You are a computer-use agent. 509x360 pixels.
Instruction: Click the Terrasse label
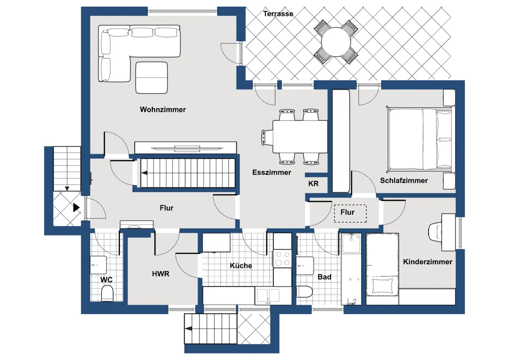[x=278, y=14]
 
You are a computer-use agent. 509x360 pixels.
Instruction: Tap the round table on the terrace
[x=336, y=42]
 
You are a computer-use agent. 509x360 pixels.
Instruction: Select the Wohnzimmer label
[x=163, y=109]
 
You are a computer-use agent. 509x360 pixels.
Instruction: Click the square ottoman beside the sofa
[x=152, y=78]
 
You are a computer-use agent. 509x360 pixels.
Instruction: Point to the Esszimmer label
[x=272, y=172]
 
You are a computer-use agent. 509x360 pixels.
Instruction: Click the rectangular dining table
[x=300, y=136]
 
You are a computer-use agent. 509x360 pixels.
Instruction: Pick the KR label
[x=313, y=184]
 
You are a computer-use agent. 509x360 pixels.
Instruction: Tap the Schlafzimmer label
[x=404, y=181]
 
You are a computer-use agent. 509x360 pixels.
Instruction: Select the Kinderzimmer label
[x=427, y=262]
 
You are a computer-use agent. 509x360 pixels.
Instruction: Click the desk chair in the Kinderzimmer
[x=435, y=232]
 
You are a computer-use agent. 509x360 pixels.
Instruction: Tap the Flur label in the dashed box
[x=347, y=212]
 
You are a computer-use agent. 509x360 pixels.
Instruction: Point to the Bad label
[x=324, y=277]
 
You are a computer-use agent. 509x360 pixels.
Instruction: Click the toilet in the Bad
[x=305, y=292]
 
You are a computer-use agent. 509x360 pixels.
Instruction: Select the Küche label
[x=241, y=265]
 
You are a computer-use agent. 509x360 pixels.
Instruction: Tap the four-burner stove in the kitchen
[x=282, y=259]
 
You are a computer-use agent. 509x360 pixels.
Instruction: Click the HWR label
[x=161, y=274]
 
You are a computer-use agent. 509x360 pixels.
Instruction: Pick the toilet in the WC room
[x=107, y=293]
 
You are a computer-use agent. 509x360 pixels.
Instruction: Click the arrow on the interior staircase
[x=144, y=173]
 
